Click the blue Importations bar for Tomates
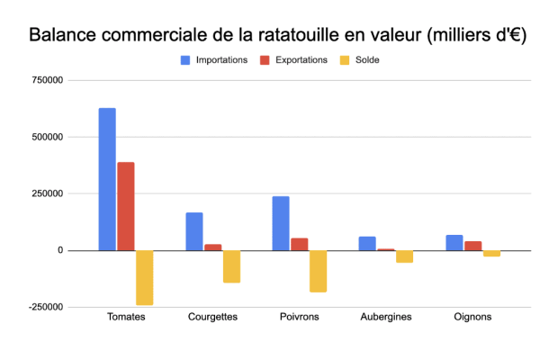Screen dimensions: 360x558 107,179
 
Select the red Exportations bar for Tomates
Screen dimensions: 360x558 126,206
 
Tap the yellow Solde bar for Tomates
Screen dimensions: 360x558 144,277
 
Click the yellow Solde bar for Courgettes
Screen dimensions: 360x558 231,266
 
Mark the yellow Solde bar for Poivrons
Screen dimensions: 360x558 318,271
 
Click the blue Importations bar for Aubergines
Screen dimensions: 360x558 367,243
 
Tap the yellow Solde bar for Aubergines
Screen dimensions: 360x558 404,256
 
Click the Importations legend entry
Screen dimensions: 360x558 213,60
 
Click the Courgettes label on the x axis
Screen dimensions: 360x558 213,317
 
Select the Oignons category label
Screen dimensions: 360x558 472,317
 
